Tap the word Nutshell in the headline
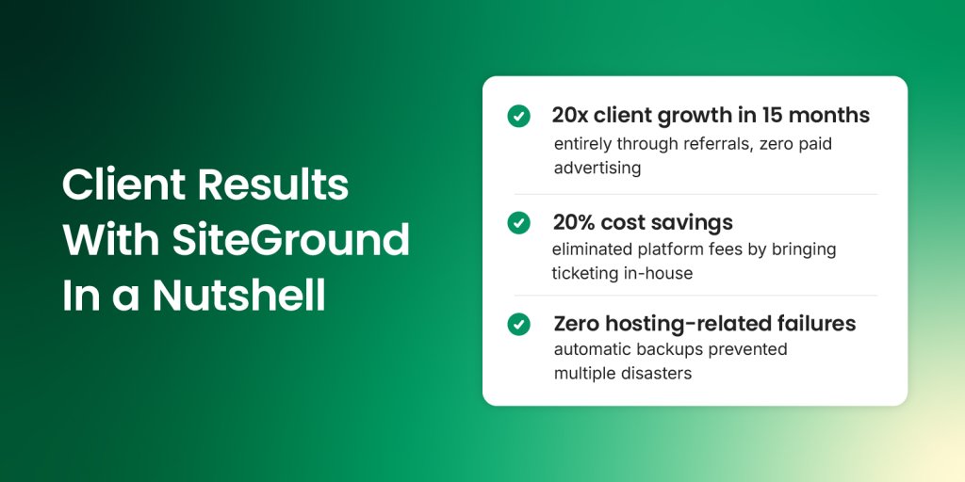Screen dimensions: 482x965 239,296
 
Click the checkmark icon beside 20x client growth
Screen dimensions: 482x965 518,116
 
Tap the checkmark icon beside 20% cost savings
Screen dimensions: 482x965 518,223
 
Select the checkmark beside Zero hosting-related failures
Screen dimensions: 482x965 518,324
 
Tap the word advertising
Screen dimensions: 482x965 597,169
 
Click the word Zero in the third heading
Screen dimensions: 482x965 577,324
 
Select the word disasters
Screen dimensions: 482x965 657,374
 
